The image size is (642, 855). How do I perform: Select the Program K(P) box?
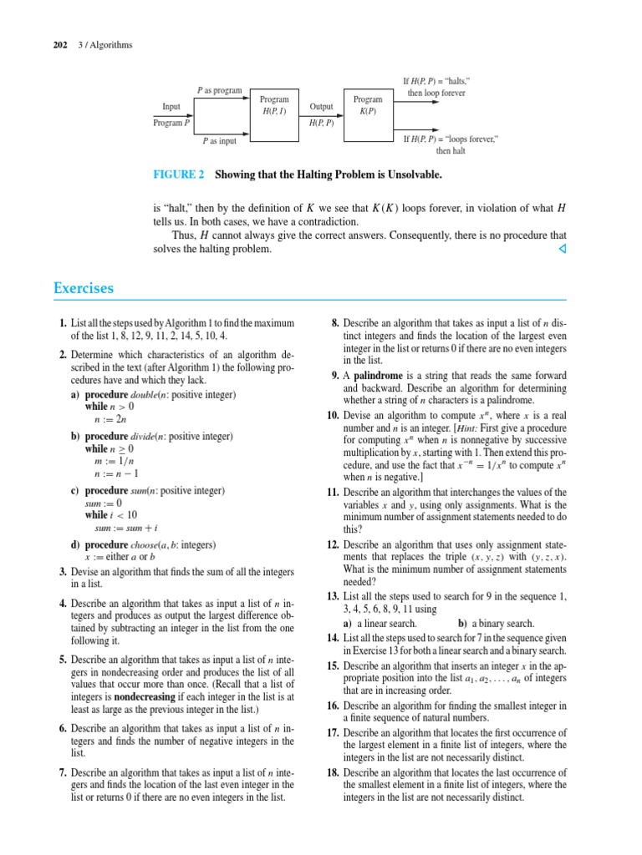point(367,105)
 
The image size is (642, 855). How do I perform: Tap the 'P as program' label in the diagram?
point(219,89)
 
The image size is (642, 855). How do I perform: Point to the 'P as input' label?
point(219,142)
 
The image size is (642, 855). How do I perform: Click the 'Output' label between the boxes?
point(321,107)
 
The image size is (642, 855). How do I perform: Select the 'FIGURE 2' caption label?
point(178,175)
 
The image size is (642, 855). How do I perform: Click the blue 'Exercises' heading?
point(84,289)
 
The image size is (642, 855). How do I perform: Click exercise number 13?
point(332,595)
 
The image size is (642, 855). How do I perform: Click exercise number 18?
point(332,772)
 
